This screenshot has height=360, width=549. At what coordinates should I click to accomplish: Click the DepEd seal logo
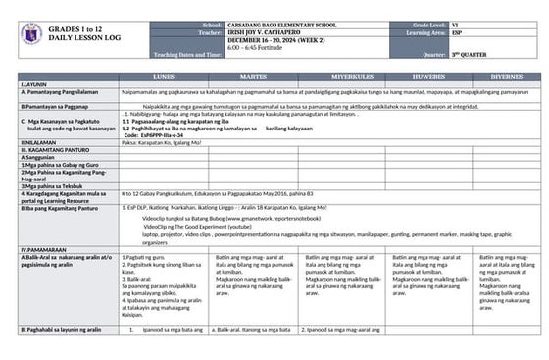coord(30,35)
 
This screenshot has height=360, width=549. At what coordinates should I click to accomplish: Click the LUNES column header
coord(163,77)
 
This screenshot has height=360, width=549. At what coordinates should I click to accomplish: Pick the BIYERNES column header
coord(507,77)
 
